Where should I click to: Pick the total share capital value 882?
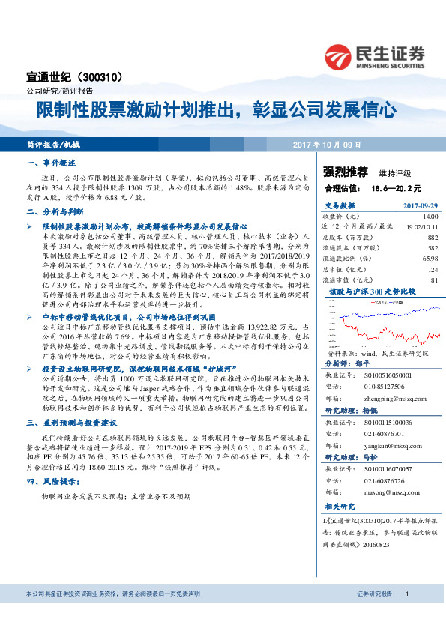431,237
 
